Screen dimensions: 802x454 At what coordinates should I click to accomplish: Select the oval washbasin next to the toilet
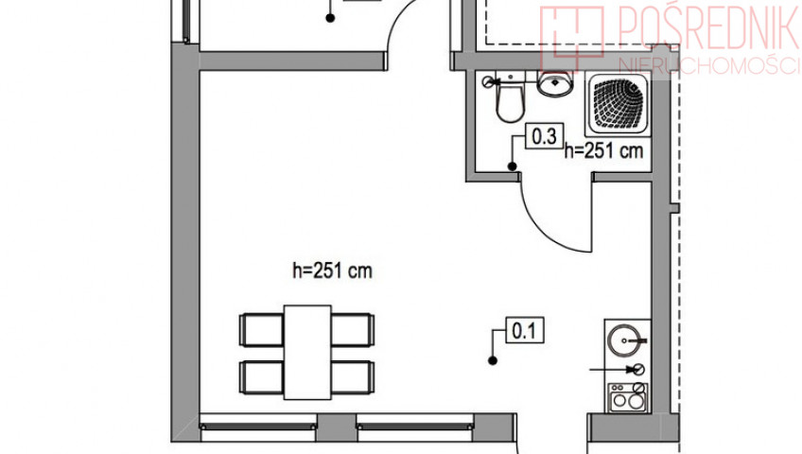554,83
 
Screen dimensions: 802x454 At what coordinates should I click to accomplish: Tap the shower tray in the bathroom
618,104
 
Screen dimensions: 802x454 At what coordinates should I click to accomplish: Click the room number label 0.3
544,136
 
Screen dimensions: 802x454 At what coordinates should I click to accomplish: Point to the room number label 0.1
525,330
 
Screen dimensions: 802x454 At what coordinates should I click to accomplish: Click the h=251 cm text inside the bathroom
603,150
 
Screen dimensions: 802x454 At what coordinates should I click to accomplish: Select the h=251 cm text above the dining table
332,271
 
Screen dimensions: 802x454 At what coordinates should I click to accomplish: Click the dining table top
307,352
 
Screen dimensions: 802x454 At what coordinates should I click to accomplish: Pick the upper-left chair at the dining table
261,330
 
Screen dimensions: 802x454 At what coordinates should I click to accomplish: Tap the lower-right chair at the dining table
353,377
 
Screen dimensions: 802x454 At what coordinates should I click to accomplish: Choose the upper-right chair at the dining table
353,330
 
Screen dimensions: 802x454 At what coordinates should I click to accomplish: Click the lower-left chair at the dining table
261,377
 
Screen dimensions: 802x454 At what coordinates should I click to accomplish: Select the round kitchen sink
624,340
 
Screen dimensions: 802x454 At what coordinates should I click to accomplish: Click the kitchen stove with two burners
628,398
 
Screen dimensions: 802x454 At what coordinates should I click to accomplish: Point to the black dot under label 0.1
493,361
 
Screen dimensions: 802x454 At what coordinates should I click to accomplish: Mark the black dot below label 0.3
512,166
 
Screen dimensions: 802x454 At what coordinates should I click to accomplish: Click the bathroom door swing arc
544,231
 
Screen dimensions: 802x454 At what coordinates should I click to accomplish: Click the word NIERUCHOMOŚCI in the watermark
708,65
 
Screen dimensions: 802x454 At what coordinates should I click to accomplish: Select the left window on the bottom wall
258,427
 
